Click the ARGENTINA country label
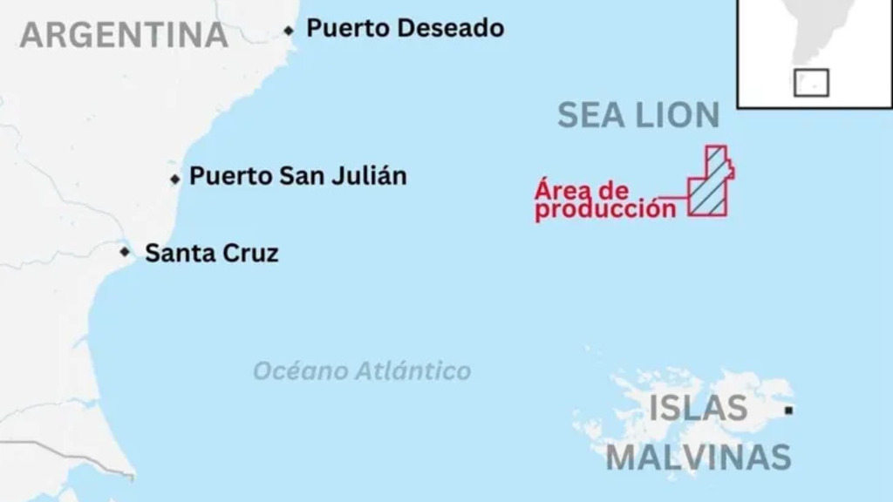pyautogui.click(x=123, y=35)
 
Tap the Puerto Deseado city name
pyautogui.click(x=405, y=29)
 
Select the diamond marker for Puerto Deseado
pyautogui.click(x=289, y=31)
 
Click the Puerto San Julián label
pyautogui.click(x=297, y=176)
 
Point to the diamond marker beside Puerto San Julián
pyautogui.click(x=175, y=179)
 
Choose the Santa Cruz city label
pyautogui.click(x=211, y=254)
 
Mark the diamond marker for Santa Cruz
pyautogui.click(x=126, y=252)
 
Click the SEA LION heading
pyautogui.click(x=638, y=115)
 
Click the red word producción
pyautogui.click(x=605, y=209)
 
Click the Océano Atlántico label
pyautogui.click(x=362, y=371)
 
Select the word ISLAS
pyautogui.click(x=698, y=408)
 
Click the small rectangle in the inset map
pyautogui.click(x=811, y=83)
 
